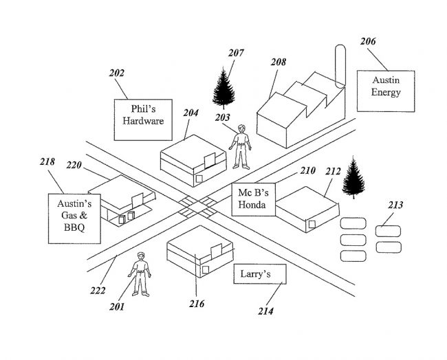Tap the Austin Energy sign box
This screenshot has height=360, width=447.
tap(386, 88)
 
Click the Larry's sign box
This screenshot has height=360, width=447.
tap(259, 275)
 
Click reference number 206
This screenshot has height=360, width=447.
tap(368, 42)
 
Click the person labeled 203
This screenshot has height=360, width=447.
tap(241, 146)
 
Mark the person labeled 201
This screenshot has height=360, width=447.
tap(140, 273)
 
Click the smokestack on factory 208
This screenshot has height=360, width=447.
tap(338, 65)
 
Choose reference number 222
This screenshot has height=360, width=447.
tap(98, 290)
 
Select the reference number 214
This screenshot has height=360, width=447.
tap(265, 311)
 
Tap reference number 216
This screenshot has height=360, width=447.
tap(197, 303)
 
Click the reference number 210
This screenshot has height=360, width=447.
tap(307, 170)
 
